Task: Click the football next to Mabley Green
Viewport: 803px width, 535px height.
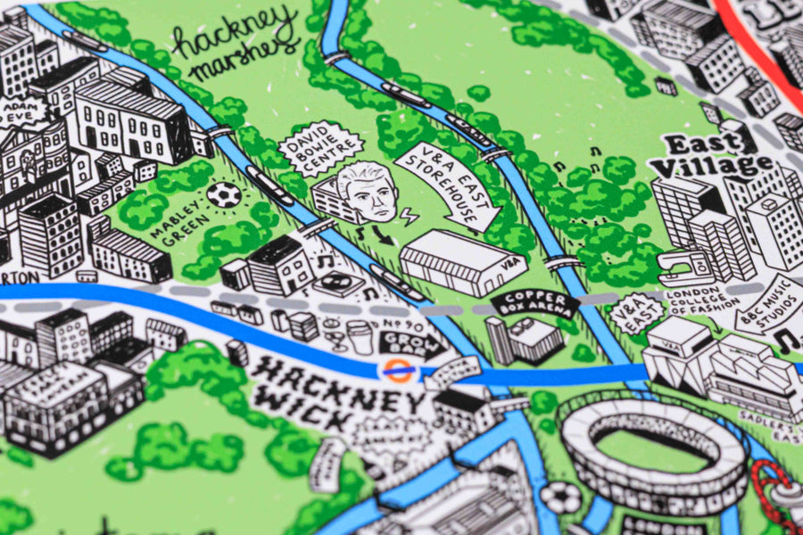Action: point(224,194)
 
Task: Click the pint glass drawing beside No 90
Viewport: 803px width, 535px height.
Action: point(359,338)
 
